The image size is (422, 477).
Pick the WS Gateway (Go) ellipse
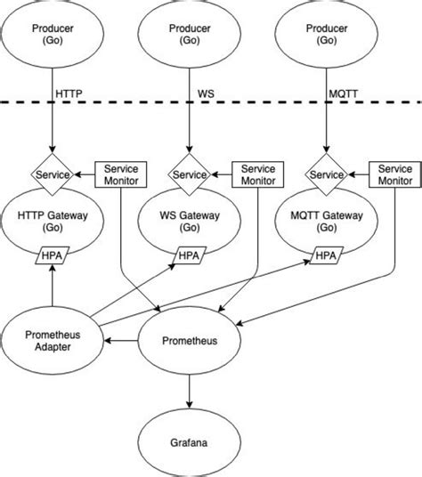click(189, 220)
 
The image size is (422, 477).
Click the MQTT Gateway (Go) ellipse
click(324, 220)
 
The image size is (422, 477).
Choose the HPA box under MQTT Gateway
click(324, 257)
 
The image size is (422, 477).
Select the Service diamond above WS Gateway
click(189, 174)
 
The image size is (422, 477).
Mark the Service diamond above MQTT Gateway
click(324, 174)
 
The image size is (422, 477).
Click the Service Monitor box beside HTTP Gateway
click(120, 174)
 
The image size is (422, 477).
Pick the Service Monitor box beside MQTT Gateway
click(393, 174)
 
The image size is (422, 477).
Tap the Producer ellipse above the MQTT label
click(324, 33)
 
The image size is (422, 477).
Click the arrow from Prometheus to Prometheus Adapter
click(122, 340)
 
